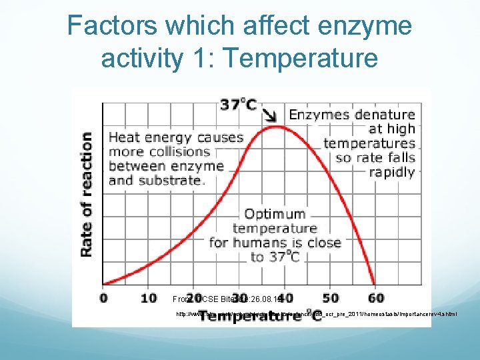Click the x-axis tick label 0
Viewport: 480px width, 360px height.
[x=104, y=297]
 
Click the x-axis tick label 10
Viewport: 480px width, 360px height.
[x=149, y=297]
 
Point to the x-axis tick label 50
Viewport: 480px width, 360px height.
[x=331, y=297]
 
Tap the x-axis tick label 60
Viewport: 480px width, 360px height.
[x=376, y=297]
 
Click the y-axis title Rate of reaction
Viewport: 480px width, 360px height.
[x=87, y=193]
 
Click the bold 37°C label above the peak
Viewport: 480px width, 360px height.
[x=239, y=105]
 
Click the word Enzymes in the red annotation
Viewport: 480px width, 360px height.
[x=317, y=115]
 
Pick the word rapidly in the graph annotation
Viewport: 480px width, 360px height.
[x=393, y=172]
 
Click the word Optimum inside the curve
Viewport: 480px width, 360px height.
[x=275, y=214]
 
